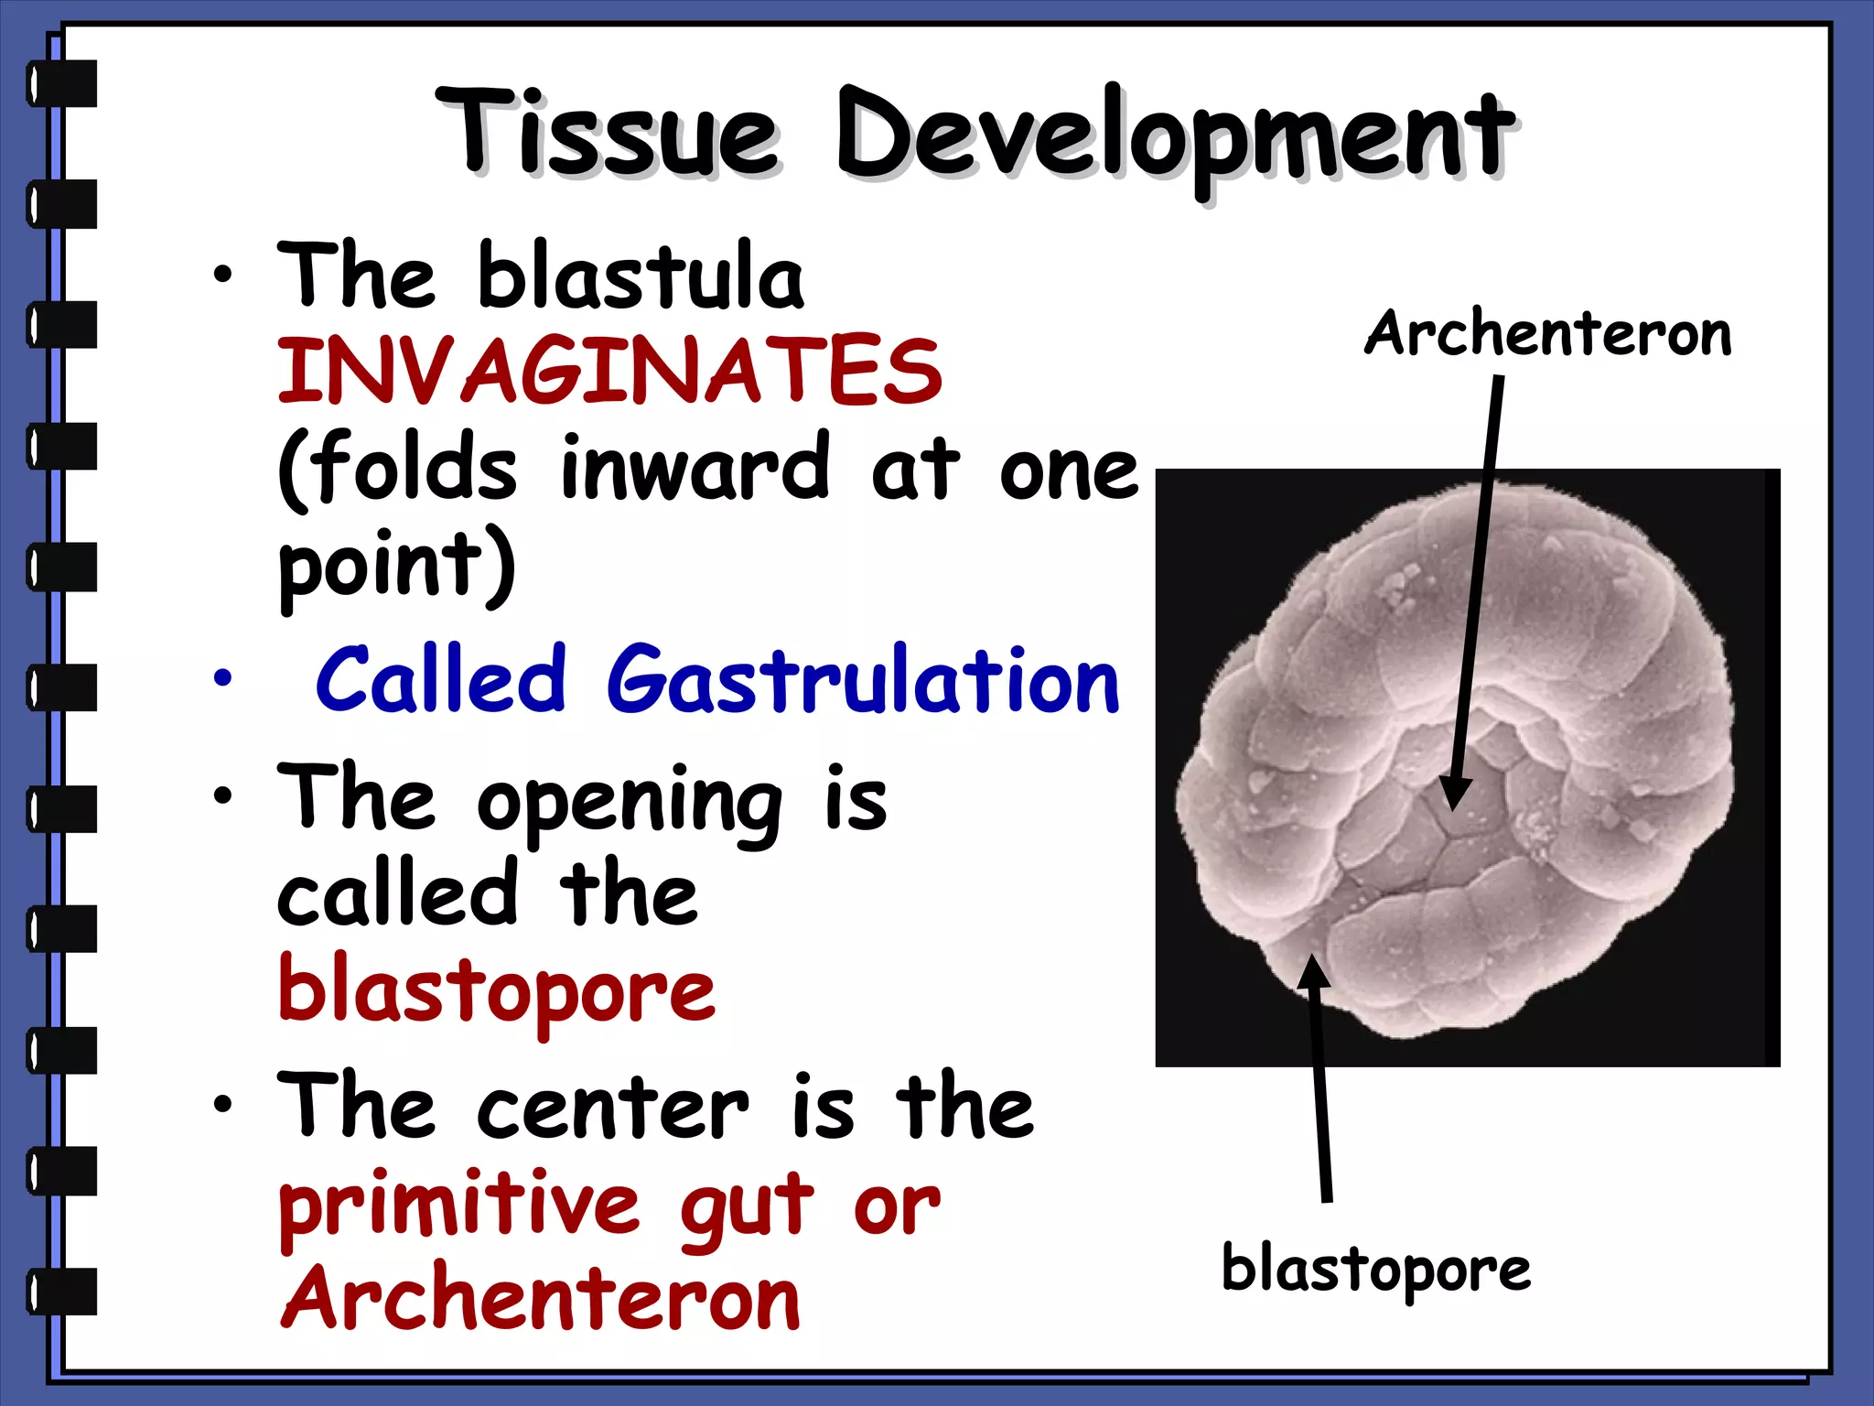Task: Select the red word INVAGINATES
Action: tap(609, 371)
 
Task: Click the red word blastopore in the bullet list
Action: tap(496, 992)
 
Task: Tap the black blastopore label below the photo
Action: tap(1375, 1270)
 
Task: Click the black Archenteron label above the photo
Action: tap(1547, 333)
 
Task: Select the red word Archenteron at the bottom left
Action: tap(540, 1299)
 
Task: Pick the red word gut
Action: tap(746, 1206)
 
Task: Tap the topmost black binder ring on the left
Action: tap(62, 83)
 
